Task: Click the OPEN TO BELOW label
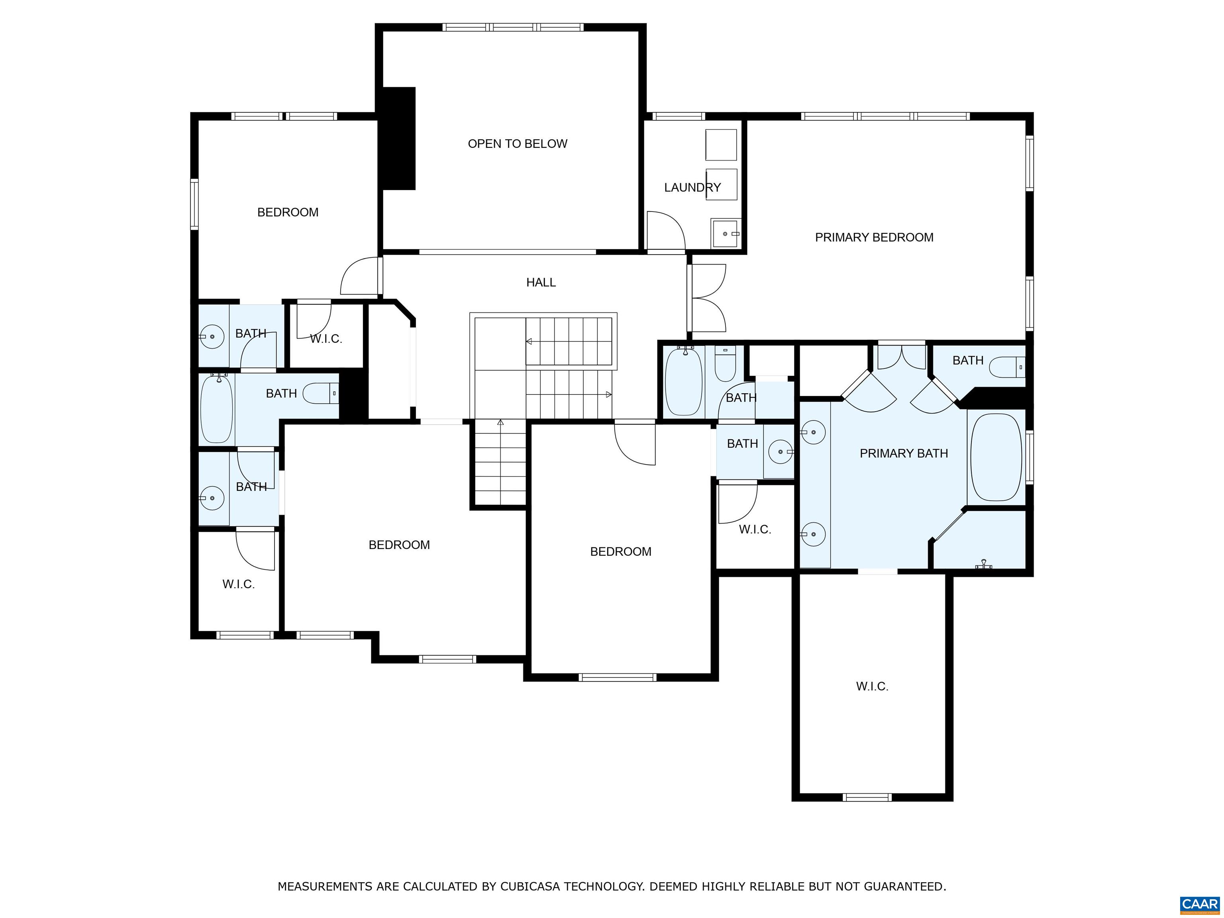pos(518,144)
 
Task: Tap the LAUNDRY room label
pos(692,188)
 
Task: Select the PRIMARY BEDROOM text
pos(874,237)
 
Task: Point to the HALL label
pos(541,282)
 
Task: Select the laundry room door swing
pos(666,231)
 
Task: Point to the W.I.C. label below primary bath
pos(872,687)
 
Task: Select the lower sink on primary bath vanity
pos(813,534)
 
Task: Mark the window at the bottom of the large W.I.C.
pos(867,797)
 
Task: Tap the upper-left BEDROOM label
pos(288,212)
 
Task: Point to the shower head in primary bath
pos(983,565)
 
